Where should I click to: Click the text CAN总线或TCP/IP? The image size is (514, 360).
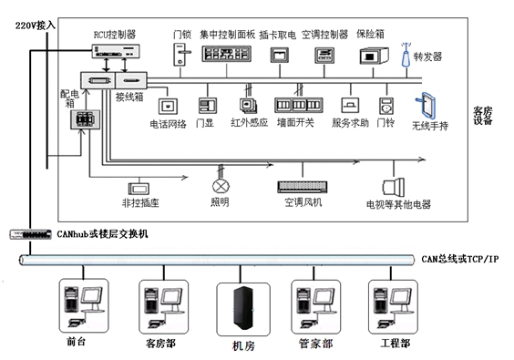click(459, 260)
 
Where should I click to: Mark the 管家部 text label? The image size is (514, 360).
click(315, 344)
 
